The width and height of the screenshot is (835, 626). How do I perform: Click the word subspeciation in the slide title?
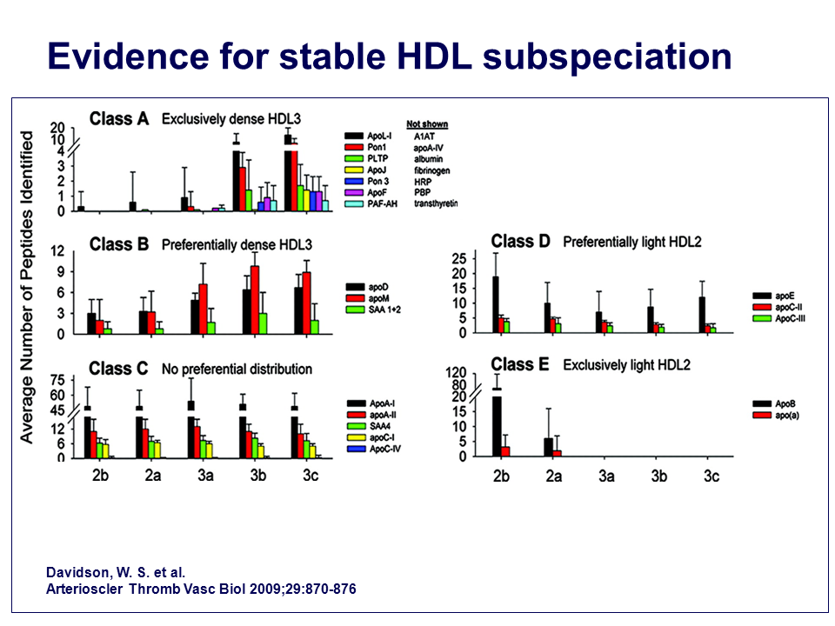[607, 56]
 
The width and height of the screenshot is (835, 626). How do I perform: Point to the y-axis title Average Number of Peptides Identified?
[28, 287]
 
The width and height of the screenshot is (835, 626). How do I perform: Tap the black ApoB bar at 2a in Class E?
[548, 447]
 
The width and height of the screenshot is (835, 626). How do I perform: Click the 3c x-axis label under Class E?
[711, 476]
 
